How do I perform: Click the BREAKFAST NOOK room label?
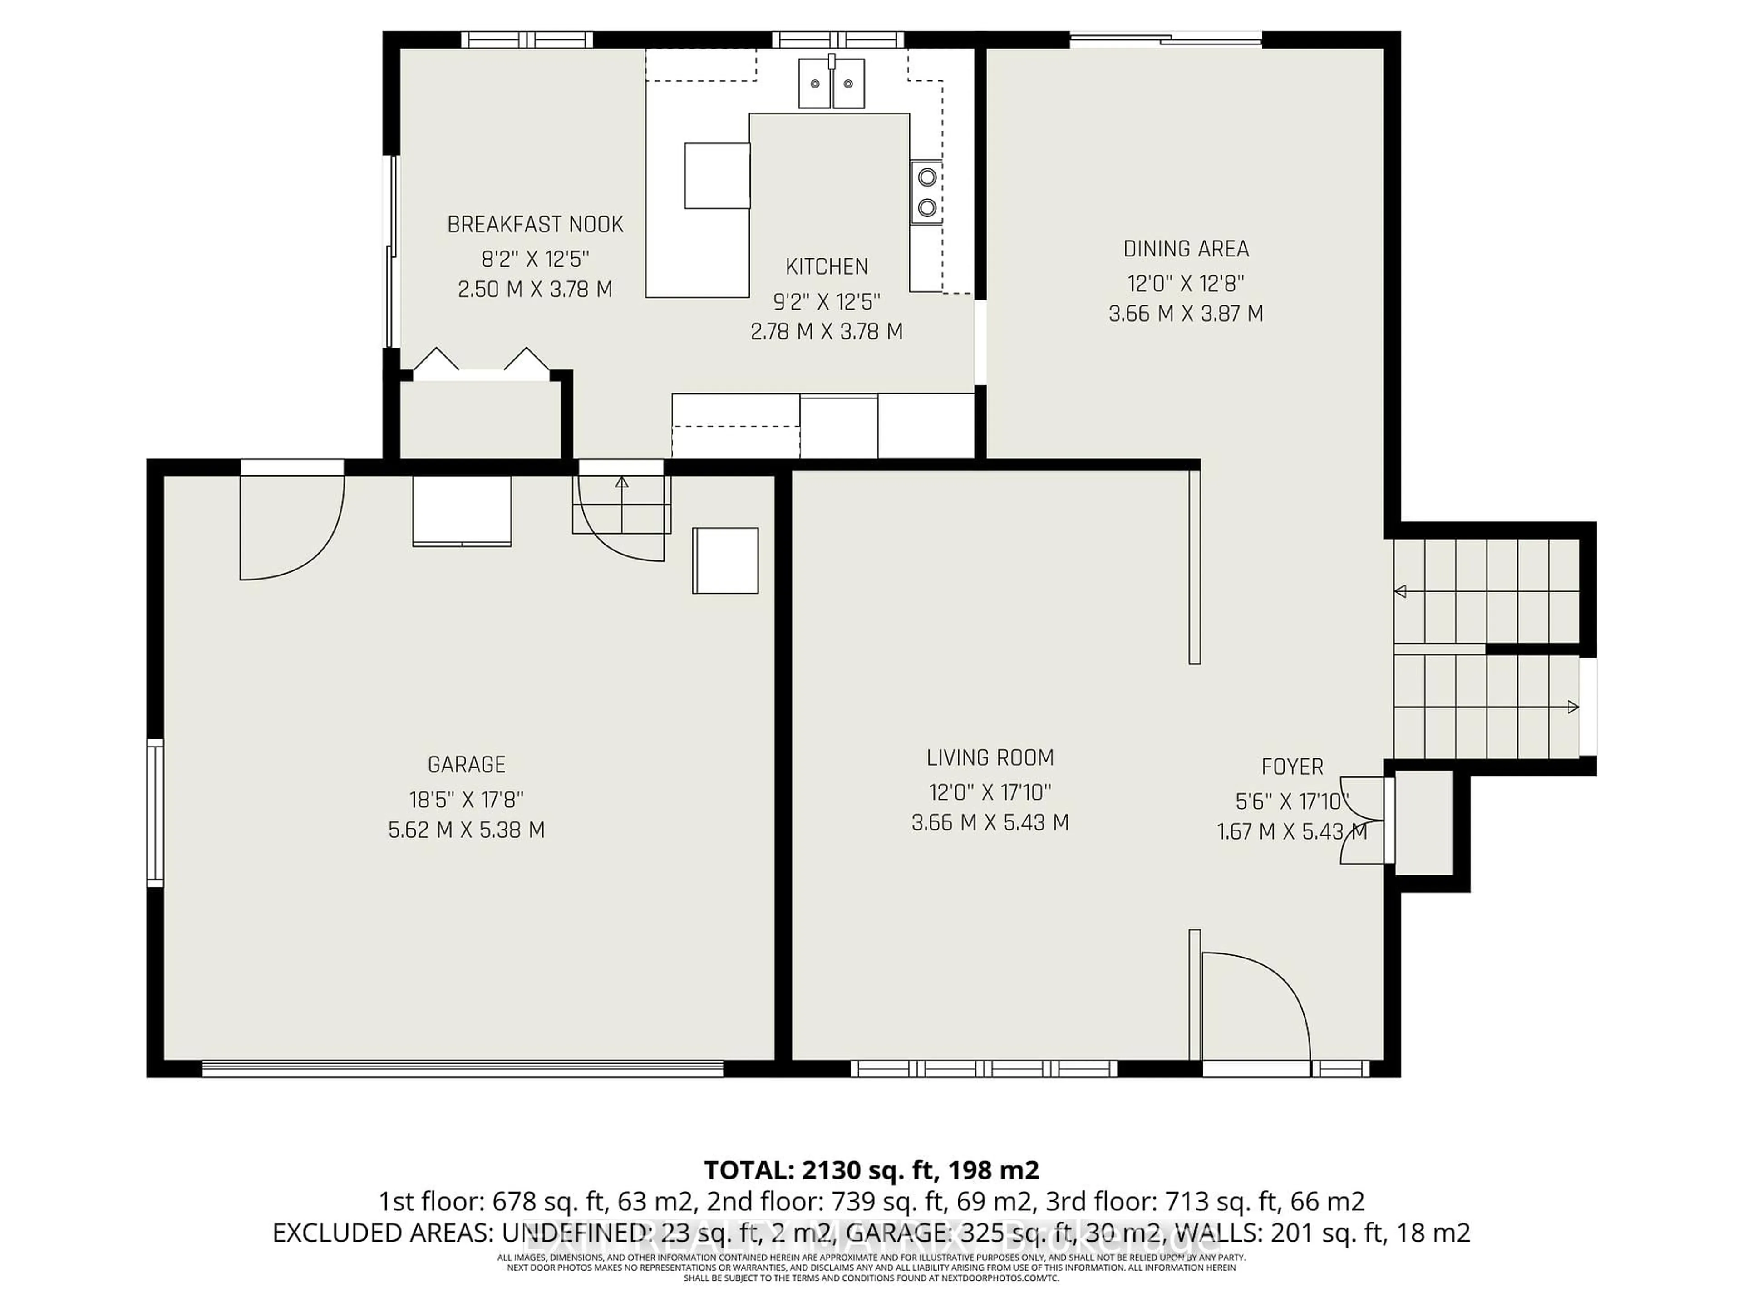[535, 225]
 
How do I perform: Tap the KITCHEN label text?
[827, 267]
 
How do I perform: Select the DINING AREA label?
[1186, 249]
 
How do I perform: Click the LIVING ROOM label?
[990, 758]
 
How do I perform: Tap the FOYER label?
[1292, 767]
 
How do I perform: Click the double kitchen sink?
[831, 83]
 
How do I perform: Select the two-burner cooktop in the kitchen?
[927, 192]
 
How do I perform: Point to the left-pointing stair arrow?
[1401, 591]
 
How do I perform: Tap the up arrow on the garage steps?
[622, 482]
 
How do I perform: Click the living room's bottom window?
[984, 1069]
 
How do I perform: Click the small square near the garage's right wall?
[725, 560]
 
